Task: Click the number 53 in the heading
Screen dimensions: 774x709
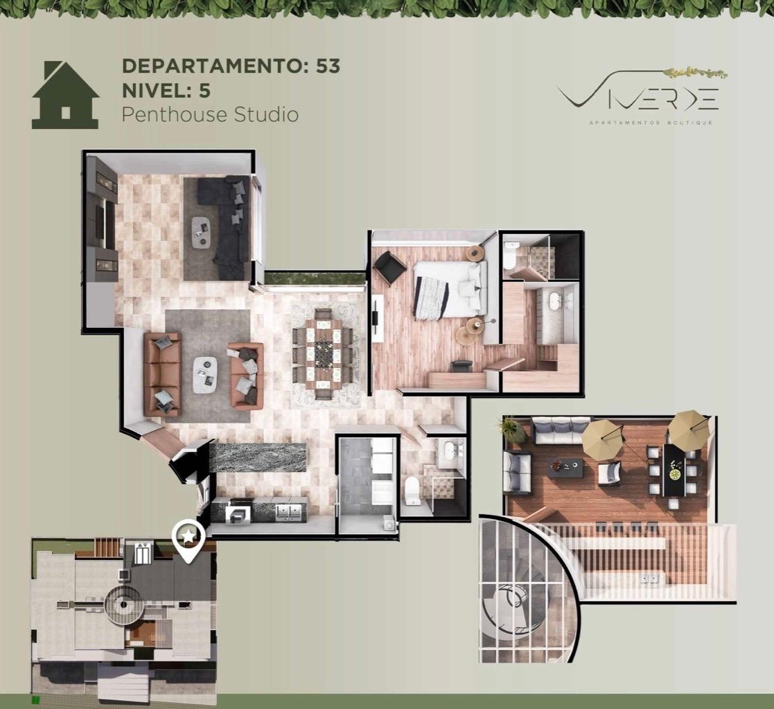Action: pos(328,66)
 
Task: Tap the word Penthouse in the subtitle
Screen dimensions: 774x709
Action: pos(175,114)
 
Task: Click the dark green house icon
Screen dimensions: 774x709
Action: pos(65,95)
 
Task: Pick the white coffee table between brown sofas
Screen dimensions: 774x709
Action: pos(204,375)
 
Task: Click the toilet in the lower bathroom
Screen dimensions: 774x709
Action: pos(412,492)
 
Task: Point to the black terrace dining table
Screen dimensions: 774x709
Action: pos(674,470)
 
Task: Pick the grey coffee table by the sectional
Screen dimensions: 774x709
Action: pos(201,232)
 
